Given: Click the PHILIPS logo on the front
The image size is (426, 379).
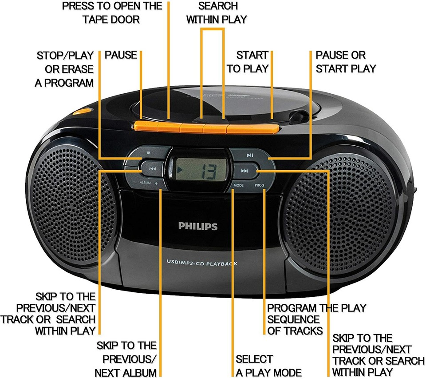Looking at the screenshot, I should coord(198,226).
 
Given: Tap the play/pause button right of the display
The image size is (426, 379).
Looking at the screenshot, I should coord(250,155).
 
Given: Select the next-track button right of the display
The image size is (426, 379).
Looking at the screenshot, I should coord(245,171).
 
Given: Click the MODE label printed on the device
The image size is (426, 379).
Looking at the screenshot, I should coord(238,185).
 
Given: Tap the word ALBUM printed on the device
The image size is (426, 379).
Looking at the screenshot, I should coord(146,183).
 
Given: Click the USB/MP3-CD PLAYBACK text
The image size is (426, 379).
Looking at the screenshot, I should coord(202,263).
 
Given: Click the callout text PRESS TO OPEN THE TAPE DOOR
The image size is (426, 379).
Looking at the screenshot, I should coord(112,13).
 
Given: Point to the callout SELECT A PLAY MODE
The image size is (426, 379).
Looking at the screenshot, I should coord(268,365).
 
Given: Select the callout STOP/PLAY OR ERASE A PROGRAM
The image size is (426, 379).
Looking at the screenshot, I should coord(64,69).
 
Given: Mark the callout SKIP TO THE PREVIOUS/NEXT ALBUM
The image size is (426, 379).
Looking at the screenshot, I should coord(126,359).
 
